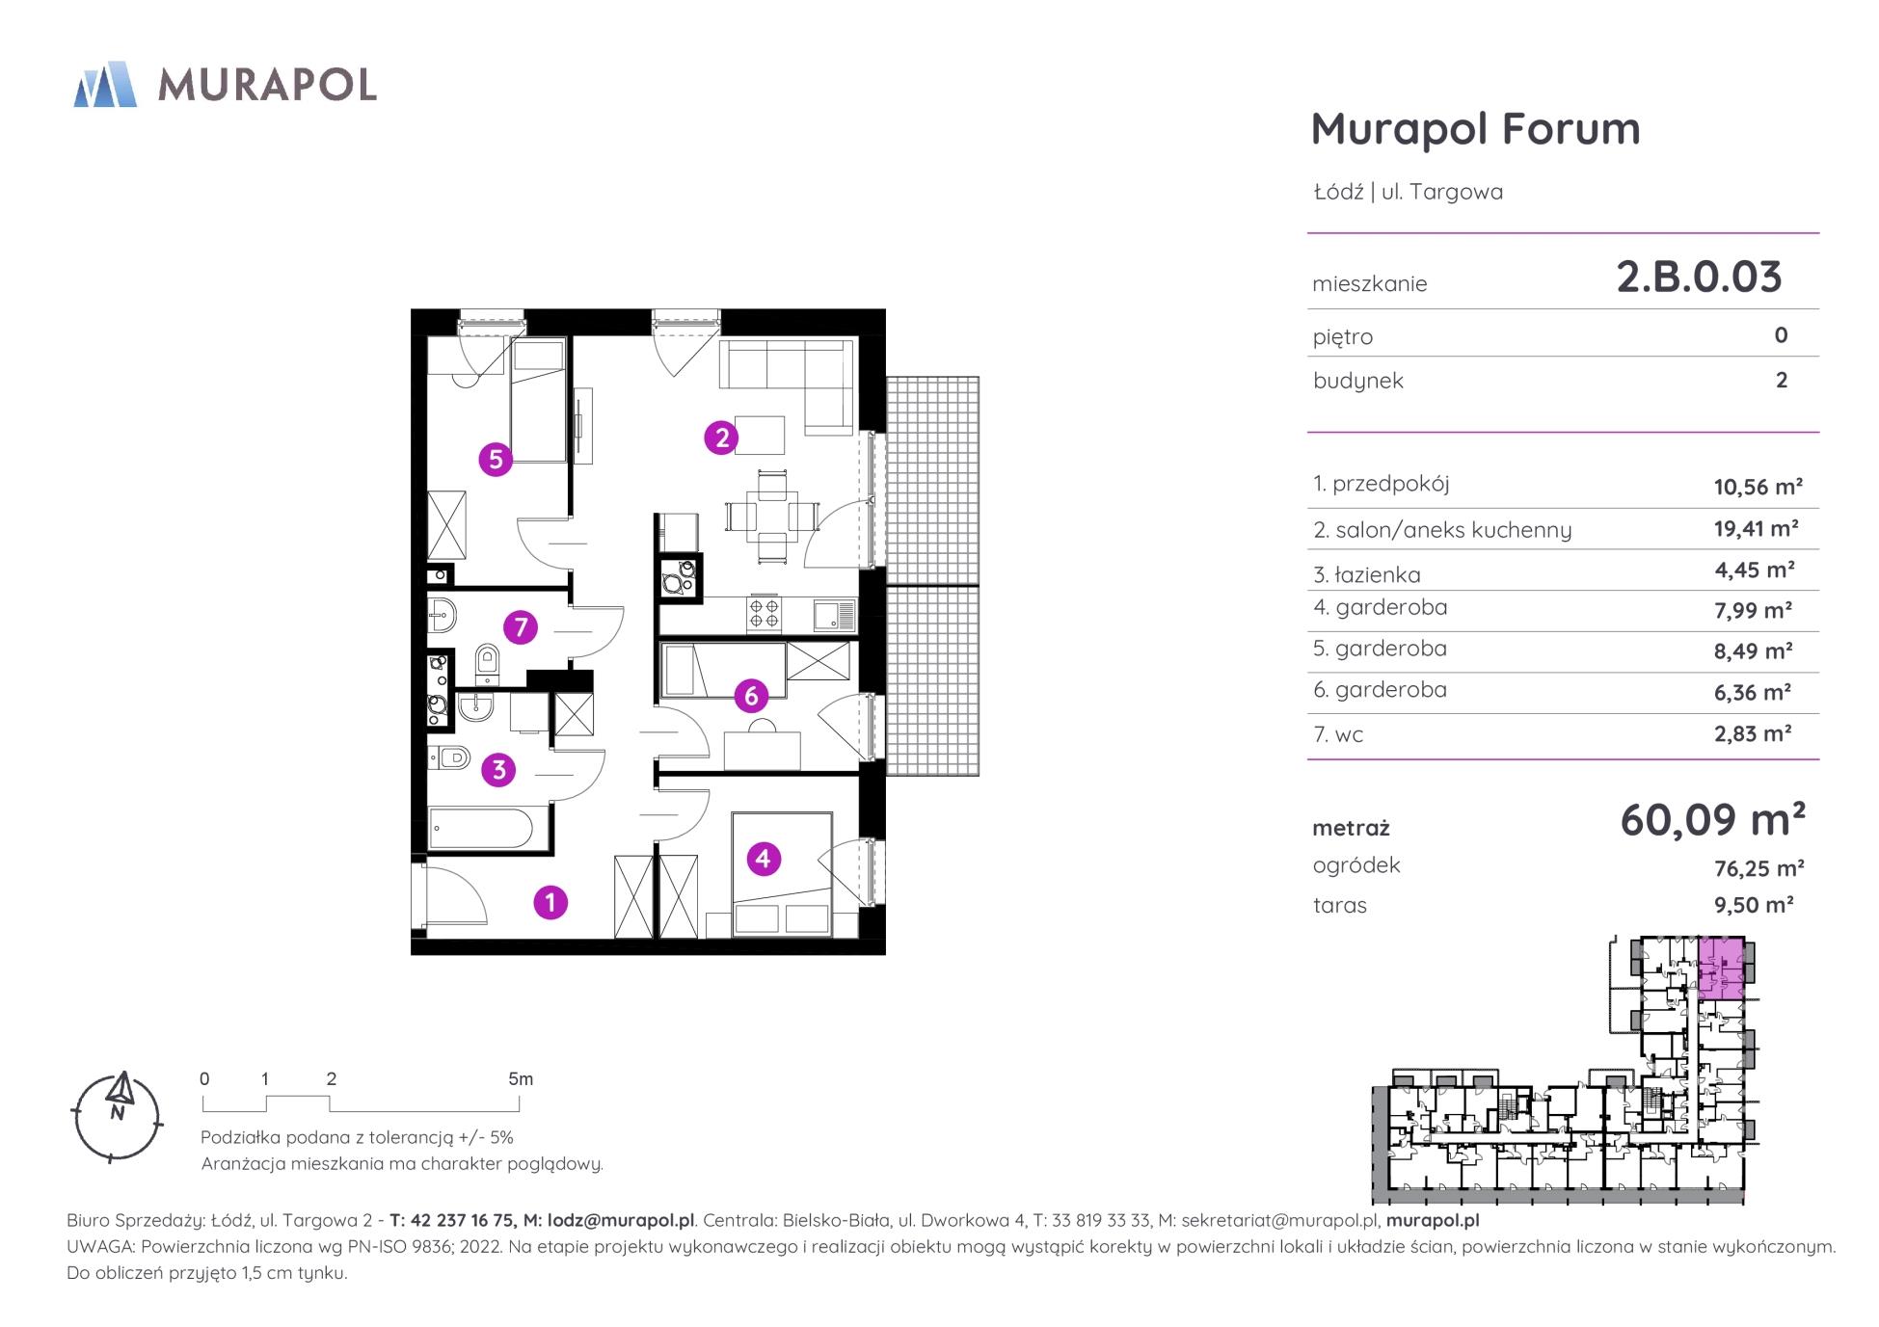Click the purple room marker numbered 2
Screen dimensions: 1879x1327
point(721,438)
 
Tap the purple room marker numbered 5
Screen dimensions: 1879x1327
point(496,460)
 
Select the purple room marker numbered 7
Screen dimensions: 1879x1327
point(521,628)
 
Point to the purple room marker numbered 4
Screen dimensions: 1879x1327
point(764,859)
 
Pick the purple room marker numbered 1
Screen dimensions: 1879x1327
point(550,903)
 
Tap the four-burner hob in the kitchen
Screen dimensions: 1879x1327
point(765,614)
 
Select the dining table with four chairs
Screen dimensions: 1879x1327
point(772,517)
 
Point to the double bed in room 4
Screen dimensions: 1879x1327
point(782,874)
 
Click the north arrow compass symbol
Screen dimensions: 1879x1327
point(118,1116)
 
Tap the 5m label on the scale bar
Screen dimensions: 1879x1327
point(521,1079)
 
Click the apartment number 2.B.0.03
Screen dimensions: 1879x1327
point(1699,277)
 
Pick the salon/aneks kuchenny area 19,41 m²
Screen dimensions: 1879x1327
point(1756,528)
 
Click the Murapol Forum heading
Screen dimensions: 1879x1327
point(1475,129)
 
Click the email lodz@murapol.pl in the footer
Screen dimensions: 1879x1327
point(621,1220)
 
